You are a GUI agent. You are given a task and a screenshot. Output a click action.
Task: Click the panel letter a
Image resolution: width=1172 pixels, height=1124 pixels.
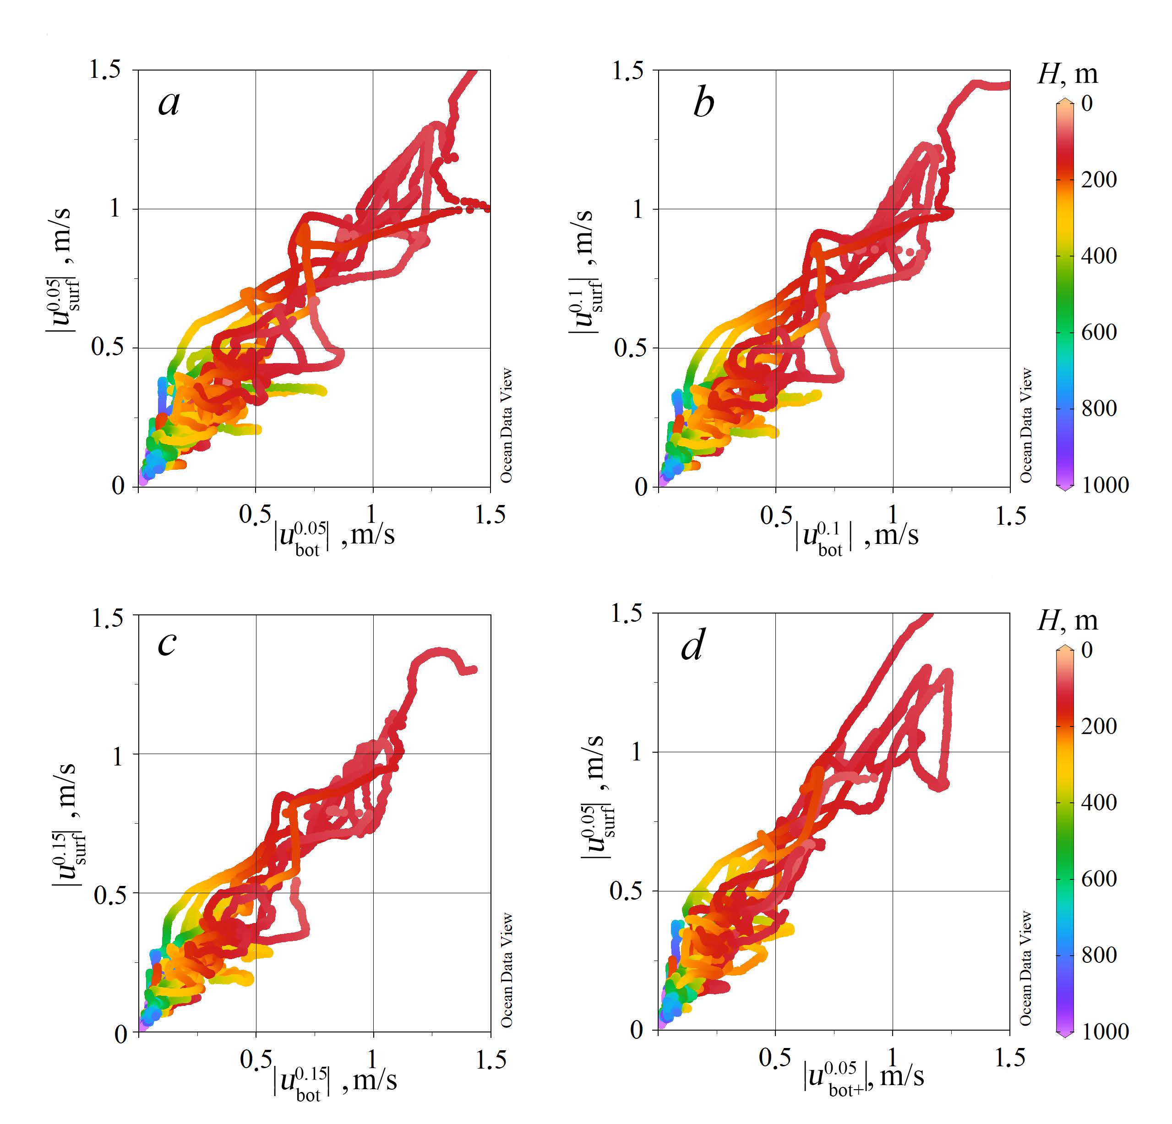point(169,103)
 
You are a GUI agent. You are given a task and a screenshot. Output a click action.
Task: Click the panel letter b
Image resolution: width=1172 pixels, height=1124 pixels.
point(703,103)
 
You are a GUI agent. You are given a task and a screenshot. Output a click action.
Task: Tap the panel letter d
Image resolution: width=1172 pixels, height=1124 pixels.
point(692,646)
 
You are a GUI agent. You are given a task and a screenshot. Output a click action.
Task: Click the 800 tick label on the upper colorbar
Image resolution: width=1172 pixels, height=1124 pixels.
point(1098,408)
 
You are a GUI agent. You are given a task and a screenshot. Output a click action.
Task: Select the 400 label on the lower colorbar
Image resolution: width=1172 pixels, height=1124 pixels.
point(1098,802)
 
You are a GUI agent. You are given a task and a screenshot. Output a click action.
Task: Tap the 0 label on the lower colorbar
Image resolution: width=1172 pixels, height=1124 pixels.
point(1087,649)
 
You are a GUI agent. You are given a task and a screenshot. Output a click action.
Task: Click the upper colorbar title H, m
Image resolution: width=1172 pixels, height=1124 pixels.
point(1068,74)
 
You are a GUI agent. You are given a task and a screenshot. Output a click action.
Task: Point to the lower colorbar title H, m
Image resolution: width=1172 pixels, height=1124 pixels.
point(1068,620)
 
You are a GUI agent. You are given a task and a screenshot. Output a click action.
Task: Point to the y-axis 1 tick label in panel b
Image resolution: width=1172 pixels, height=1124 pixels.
point(638,209)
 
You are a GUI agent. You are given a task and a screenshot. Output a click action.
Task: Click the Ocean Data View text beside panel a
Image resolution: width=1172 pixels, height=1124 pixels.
point(507,425)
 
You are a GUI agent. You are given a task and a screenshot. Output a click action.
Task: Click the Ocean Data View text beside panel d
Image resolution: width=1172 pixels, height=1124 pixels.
point(1025,968)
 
